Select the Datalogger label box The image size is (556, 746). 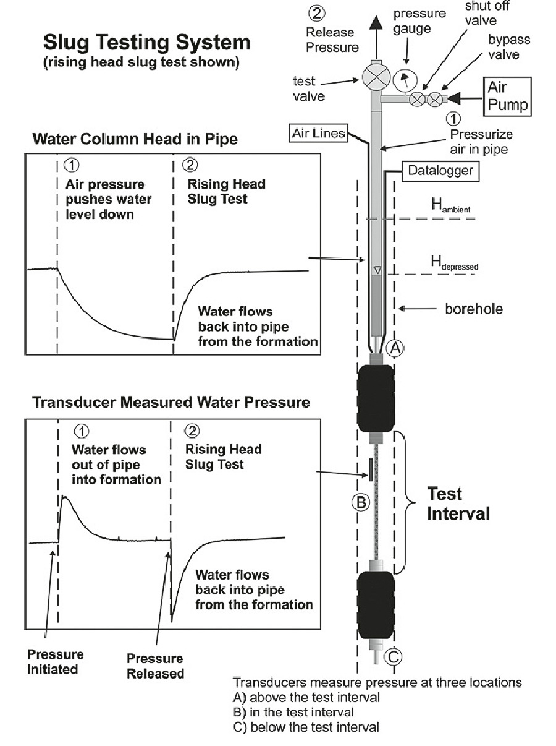440,170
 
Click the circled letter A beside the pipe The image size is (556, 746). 395,348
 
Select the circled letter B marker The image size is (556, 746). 361,502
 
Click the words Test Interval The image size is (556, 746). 457,504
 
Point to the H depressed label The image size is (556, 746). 454,264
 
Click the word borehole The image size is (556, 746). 474,308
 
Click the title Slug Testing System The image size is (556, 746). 147,43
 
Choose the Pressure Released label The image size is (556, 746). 154,666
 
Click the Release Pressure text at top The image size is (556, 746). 332,40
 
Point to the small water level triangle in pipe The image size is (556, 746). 377,270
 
